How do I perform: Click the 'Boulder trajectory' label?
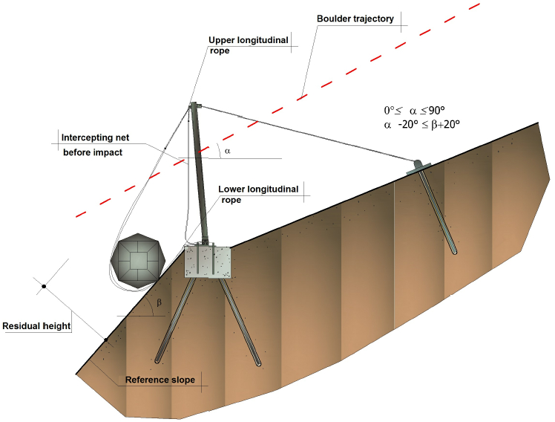click(355, 19)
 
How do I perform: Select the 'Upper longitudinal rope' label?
click(248, 45)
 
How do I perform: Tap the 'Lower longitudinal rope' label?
click(258, 194)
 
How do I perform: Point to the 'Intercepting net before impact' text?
click(95, 145)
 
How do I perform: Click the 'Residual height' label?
click(36, 326)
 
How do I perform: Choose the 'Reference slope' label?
click(160, 380)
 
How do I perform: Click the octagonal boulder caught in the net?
click(138, 261)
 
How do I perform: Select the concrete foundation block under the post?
click(208, 262)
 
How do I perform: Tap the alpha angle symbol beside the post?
click(227, 152)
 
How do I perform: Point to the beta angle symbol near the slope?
click(159, 303)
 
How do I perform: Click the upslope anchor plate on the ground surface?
click(418, 167)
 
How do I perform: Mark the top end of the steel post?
click(194, 103)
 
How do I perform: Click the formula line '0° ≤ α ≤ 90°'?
click(415, 111)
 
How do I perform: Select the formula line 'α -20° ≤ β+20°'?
click(421, 124)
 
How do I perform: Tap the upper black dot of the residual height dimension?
click(44, 286)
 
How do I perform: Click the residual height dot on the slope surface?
click(106, 340)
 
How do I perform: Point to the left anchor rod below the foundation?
click(175, 320)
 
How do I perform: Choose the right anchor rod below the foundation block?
click(240, 322)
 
